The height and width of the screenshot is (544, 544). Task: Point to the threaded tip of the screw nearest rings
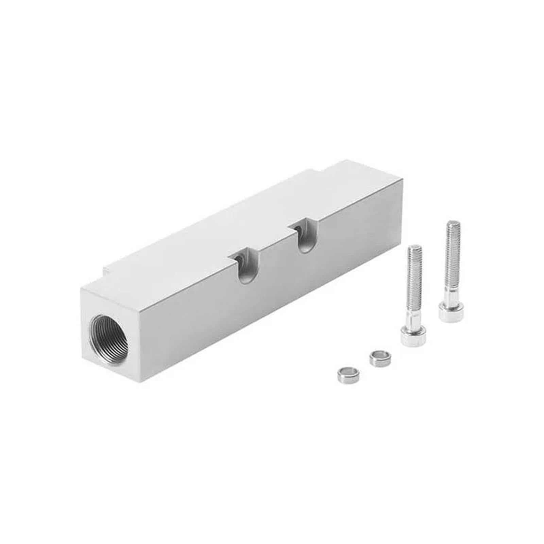tap(415, 252)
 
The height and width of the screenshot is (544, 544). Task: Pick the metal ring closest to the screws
tap(378, 358)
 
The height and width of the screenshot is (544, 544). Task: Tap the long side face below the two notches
tap(272, 306)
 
